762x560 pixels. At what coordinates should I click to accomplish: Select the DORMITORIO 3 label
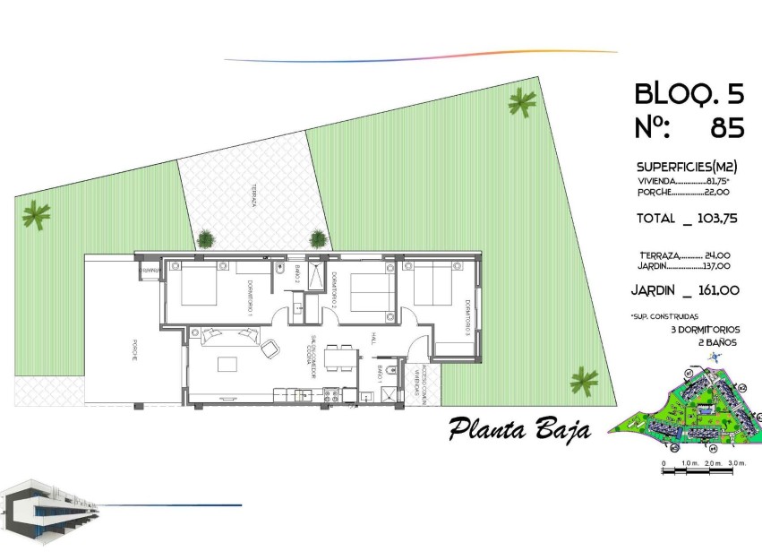[x=467, y=317]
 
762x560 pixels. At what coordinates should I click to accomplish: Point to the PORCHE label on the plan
[x=133, y=349]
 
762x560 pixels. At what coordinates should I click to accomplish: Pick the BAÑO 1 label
[x=380, y=374]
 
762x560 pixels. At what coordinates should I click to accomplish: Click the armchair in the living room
[x=270, y=349]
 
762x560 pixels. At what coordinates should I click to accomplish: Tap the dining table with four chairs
[x=339, y=358]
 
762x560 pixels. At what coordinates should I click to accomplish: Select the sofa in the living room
[x=228, y=335]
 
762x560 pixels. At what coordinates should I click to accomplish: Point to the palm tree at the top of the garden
[x=520, y=104]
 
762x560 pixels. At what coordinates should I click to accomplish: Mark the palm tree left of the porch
[x=37, y=215]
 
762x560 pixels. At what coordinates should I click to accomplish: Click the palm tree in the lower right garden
[x=584, y=381]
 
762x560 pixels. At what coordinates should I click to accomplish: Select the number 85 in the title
[x=726, y=129]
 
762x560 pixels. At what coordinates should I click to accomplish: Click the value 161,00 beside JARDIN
[x=716, y=289]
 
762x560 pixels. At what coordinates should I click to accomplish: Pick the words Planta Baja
[x=519, y=428]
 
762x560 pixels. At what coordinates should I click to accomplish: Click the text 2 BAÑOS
[x=715, y=340]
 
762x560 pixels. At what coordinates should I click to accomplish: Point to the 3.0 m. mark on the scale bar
[x=736, y=463]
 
